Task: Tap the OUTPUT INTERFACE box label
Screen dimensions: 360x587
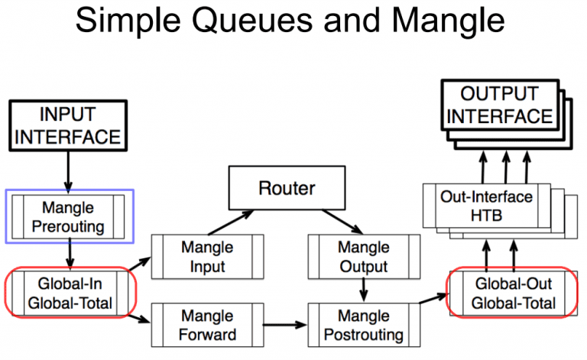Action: [499, 105]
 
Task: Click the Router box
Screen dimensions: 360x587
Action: [287, 188]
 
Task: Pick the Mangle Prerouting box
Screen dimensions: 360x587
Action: [70, 216]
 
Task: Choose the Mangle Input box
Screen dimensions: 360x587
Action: [208, 257]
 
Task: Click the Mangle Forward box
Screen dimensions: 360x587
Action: [208, 324]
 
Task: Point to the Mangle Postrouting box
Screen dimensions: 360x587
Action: [363, 324]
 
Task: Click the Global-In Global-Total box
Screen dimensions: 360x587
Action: [70, 293]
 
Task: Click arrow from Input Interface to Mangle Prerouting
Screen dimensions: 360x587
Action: [68, 170]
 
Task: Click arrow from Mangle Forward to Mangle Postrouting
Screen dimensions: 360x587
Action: [285, 325]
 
